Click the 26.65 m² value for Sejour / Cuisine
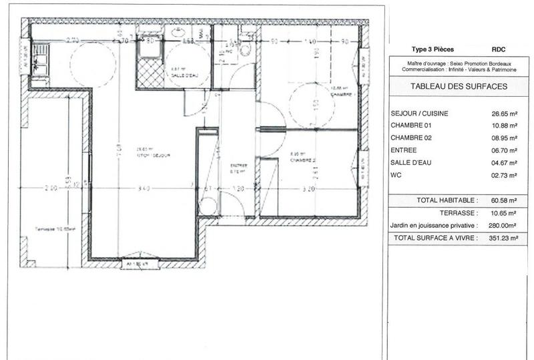504,114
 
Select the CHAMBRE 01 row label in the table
411,126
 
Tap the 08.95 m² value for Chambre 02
504,138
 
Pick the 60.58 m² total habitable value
504,200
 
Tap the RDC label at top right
499,49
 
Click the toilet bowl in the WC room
245,49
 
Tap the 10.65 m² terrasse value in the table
504,212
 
